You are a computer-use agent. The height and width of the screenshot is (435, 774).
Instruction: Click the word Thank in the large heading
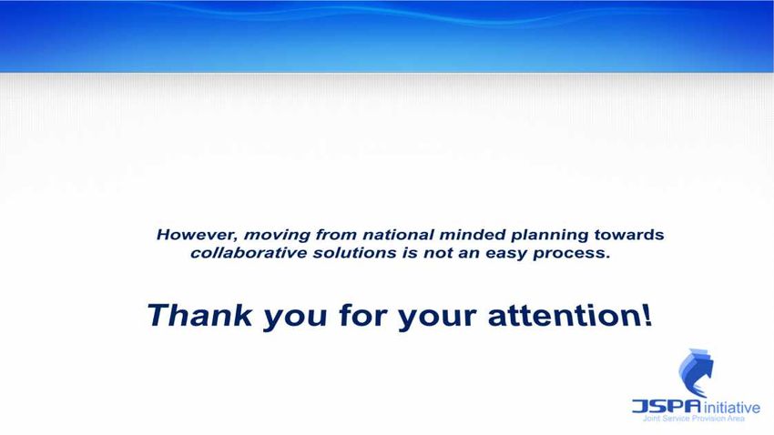(200, 315)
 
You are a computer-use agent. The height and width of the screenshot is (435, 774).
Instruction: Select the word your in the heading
(437, 319)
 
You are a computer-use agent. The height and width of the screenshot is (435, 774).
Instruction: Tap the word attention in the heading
(565, 316)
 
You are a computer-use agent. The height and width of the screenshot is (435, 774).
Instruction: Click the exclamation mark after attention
(647, 315)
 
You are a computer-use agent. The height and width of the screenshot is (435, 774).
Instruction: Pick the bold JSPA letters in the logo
(667, 407)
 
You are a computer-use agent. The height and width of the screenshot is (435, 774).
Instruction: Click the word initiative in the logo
(731, 408)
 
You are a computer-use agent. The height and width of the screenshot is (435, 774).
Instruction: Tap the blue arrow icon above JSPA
(696, 372)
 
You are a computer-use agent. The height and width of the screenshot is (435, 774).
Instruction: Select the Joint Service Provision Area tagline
(694, 419)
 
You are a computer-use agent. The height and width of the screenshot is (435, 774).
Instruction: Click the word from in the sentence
(336, 235)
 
